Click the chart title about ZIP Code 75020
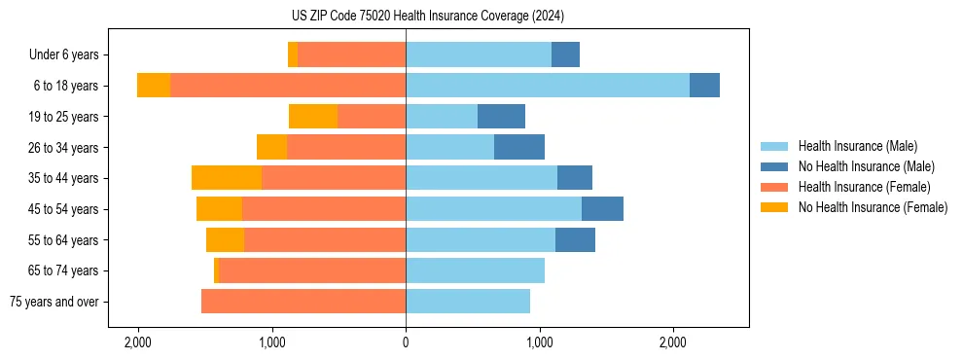pyautogui.click(x=427, y=17)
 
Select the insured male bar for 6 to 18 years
pyautogui.click(x=548, y=85)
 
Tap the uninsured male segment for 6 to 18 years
pyautogui.click(x=704, y=85)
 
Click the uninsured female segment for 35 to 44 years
pyautogui.click(x=227, y=177)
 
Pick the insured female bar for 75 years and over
pyautogui.click(x=303, y=302)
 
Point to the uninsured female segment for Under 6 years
pyautogui.click(x=293, y=54)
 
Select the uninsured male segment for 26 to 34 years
pyautogui.click(x=519, y=147)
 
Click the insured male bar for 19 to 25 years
pyautogui.click(x=442, y=116)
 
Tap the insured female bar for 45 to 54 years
pyautogui.click(x=324, y=208)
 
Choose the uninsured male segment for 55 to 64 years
pyautogui.click(x=575, y=239)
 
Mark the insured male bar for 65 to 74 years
pyautogui.click(x=475, y=270)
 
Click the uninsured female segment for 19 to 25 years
pyautogui.click(x=313, y=116)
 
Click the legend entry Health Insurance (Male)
pyautogui.click(x=857, y=146)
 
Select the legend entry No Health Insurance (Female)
pyautogui.click(x=873, y=207)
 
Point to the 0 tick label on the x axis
pyautogui.click(x=406, y=342)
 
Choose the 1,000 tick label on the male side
pyautogui.click(x=540, y=342)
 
